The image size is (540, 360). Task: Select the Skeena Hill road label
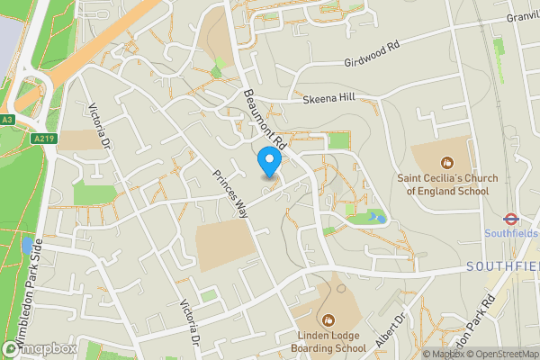coord(329,98)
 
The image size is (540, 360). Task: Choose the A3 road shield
coord(8,119)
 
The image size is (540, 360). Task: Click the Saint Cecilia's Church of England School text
coord(446,184)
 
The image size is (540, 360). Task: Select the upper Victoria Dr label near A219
coord(99,128)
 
